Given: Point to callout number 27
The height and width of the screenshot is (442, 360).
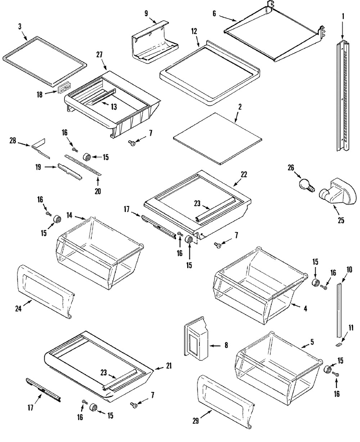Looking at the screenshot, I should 99,55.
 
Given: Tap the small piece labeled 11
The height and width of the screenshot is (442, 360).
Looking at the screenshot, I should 339,345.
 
